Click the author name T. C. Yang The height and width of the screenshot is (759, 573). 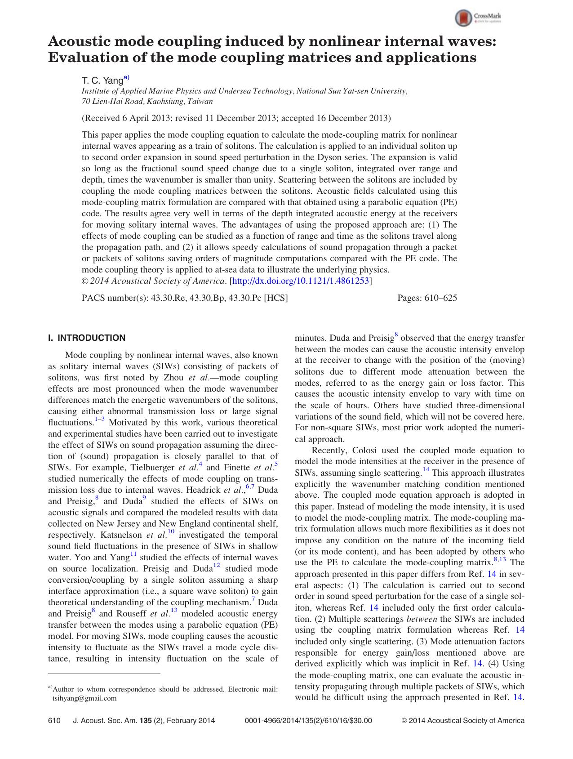[102, 80]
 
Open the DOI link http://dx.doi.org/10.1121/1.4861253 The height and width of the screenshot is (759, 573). [300, 281]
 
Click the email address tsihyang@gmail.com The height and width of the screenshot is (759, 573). [84, 698]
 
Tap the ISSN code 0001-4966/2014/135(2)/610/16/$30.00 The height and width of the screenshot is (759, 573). [308, 720]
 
